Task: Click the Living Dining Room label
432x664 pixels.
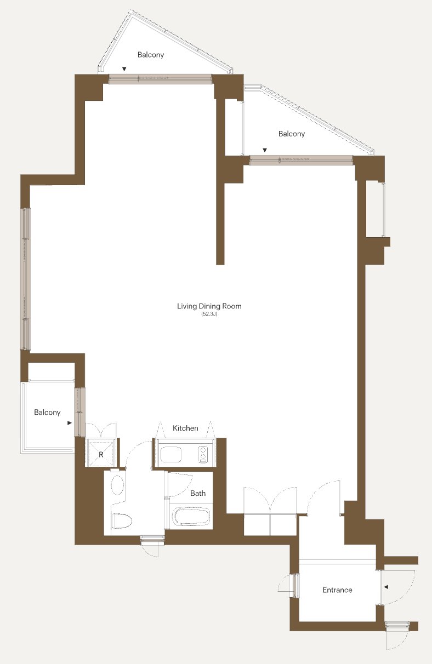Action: (209, 306)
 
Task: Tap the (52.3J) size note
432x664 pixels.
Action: (209, 314)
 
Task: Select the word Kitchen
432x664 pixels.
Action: (185, 428)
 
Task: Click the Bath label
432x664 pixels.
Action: (198, 493)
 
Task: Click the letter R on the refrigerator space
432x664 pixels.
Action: (101, 454)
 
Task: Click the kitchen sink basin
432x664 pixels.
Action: (171, 454)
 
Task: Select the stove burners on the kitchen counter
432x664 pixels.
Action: (203, 454)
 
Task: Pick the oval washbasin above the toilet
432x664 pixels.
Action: (117, 485)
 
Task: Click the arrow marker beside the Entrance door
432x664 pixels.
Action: (386, 587)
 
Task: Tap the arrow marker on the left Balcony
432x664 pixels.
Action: (70, 423)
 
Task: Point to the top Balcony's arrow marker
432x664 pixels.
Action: (124, 69)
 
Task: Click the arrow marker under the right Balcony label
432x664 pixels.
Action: (265, 150)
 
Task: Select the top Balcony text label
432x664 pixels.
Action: (151, 55)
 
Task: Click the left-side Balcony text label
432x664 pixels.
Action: (48, 413)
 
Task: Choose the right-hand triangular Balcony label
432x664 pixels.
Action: (292, 134)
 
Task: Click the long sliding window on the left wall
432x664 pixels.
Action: (26, 279)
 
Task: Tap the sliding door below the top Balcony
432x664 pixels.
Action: (160, 79)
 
